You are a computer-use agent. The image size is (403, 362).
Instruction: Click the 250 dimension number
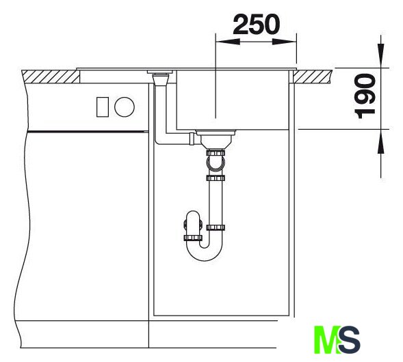coord(256,25)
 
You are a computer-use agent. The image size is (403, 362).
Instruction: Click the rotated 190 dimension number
coord(365,96)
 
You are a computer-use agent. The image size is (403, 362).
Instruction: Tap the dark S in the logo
coord(349,339)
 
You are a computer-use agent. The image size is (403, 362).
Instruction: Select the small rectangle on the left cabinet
coord(103,107)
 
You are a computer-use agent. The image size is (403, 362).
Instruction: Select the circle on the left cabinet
coord(125,107)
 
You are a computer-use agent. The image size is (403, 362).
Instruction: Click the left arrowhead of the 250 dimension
coord(228,42)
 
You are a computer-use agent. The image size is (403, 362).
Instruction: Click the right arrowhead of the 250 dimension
coord(284,42)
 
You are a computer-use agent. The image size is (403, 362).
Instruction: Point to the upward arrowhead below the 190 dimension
coord(381,141)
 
